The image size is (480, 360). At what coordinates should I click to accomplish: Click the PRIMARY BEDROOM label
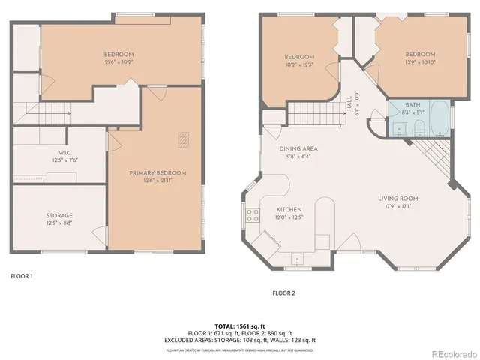157,173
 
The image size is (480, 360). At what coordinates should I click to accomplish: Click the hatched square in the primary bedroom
184,138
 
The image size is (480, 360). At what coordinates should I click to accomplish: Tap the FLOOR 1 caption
22,276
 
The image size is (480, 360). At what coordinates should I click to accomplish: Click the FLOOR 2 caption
284,292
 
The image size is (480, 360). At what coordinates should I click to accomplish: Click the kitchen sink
298,259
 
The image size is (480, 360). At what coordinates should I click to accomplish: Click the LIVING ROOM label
397,199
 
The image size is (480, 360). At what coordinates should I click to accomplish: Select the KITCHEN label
289,209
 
